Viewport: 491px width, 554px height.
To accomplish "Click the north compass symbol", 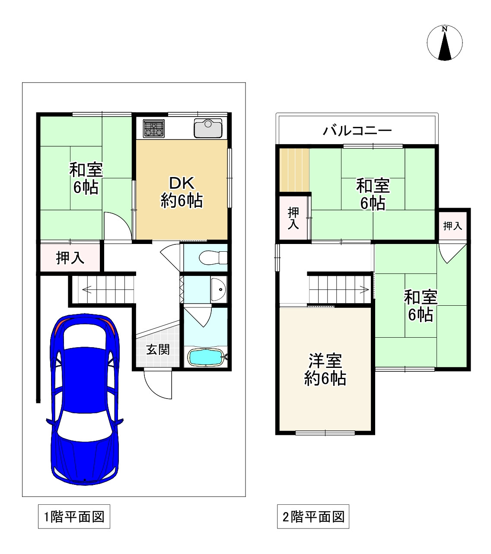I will pos(445,44).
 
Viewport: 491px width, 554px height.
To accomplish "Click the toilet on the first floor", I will pos(212,258).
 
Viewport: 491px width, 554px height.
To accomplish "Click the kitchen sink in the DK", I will pos(208,128).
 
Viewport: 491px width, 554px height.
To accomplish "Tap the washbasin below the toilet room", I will pos(218,289).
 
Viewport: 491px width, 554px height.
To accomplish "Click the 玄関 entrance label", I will pos(158,349).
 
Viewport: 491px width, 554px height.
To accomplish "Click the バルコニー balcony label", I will pos(357,130).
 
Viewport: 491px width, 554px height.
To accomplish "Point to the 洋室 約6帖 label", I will pos(325,370).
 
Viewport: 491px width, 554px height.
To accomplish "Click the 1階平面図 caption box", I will pos(74,516).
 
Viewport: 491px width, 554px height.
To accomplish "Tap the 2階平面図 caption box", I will pos(313,516).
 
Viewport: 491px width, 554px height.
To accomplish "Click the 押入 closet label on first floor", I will pos(70,258).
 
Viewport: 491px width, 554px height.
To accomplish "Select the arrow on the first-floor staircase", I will pos(86,290).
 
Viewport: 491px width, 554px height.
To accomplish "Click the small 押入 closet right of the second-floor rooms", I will pos(453,225).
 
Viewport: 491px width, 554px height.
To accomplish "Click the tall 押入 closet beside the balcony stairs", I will pos(293,218).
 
